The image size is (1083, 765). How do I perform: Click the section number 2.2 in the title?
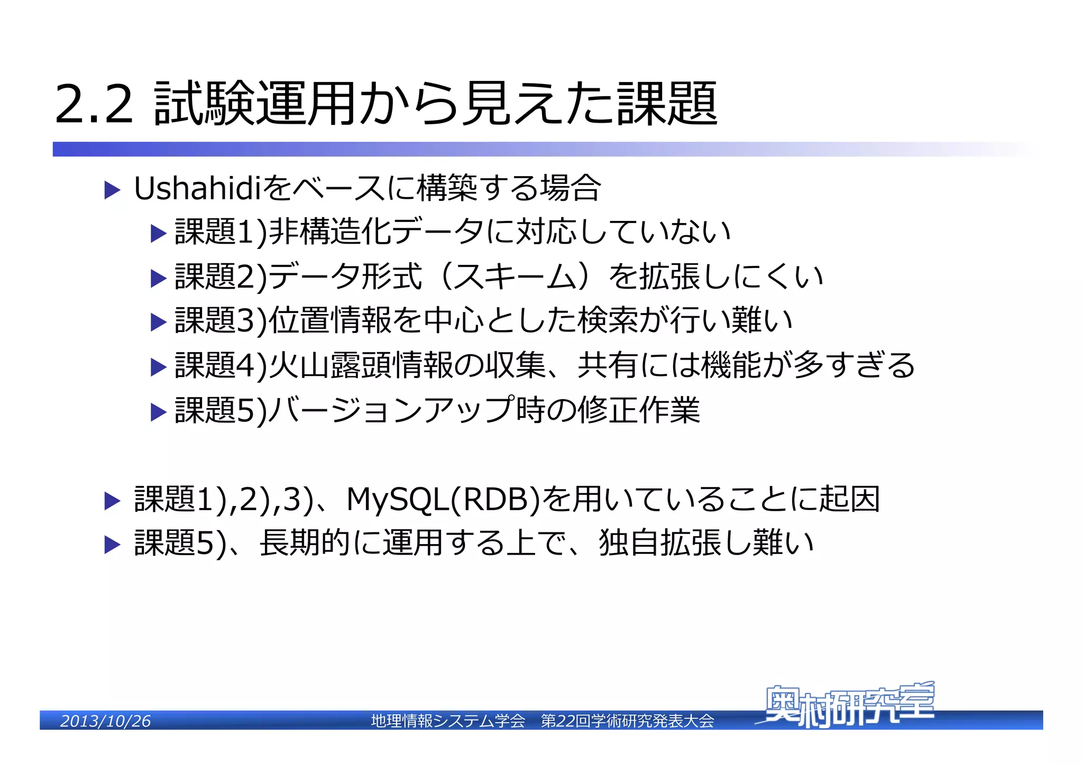pos(94,104)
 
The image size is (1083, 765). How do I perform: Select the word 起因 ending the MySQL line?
pos(850,499)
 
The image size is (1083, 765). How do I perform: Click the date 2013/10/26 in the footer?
pos(105,721)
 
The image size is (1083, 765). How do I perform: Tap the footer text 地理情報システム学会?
pos(448,721)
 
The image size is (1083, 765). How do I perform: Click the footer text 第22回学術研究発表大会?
pos(627,721)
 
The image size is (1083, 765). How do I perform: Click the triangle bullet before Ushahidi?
pos(112,190)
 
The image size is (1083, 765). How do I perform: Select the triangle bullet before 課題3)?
pos(158,322)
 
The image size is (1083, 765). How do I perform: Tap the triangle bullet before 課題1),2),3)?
pos(112,501)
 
